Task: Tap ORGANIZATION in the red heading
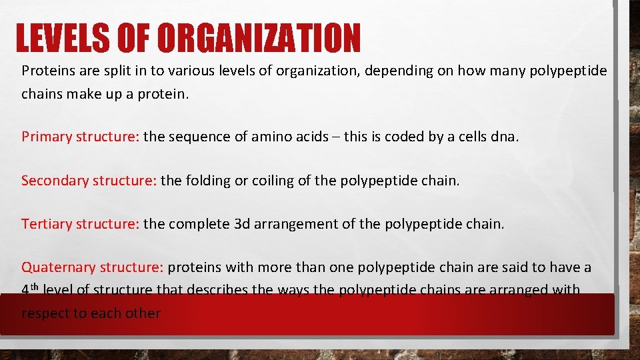260,38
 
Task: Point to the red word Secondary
55,181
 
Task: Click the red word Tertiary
46,224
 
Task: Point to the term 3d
242,224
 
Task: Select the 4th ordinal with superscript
30,290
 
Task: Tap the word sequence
200,137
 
